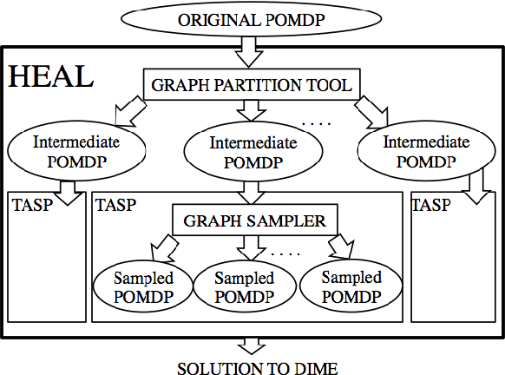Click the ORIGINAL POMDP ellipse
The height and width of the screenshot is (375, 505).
click(x=252, y=19)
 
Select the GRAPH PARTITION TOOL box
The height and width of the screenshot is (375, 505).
click(x=252, y=85)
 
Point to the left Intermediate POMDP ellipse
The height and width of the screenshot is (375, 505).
click(x=75, y=150)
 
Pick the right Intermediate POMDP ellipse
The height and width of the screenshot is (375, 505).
click(x=427, y=150)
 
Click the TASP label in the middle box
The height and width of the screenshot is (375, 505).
click(x=116, y=206)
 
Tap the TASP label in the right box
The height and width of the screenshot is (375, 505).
click(x=431, y=206)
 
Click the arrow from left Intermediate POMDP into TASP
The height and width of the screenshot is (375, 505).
click(x=66, y=188)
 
